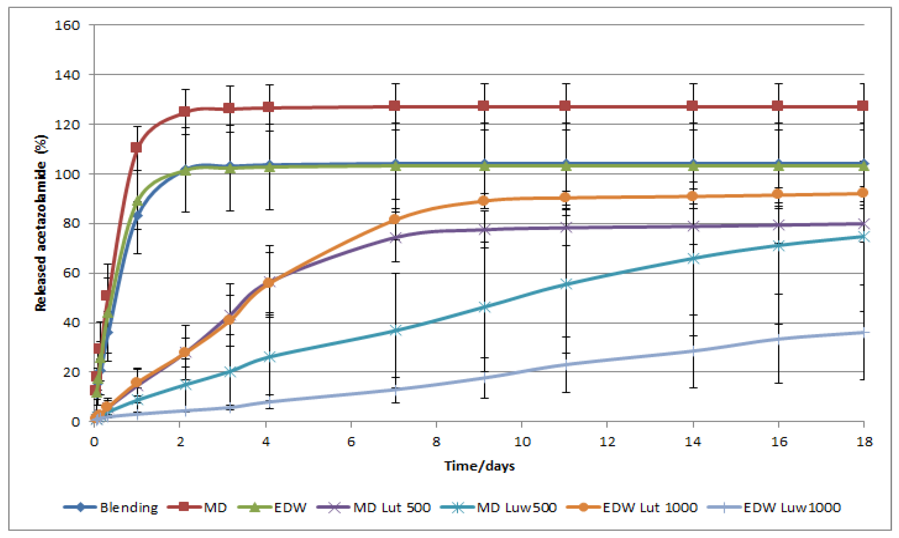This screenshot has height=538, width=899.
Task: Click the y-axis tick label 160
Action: tap(67, 25)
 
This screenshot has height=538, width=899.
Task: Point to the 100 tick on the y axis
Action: tap(67, 174)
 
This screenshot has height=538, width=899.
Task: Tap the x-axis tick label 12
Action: tap(607, 441)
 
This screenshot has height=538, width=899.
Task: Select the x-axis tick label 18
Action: tap(864, 441)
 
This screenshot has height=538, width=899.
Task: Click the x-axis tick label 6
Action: tap(351, 441)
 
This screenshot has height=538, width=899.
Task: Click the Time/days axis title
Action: tap(479, 466)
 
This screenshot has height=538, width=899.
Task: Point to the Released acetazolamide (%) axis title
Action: tap(41, 223)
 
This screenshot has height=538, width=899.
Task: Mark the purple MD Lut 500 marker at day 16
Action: tap(778, 225)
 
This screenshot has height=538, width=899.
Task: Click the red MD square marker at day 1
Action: tap(136, 147)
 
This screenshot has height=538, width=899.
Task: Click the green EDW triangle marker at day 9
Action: tap(485, 166)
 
